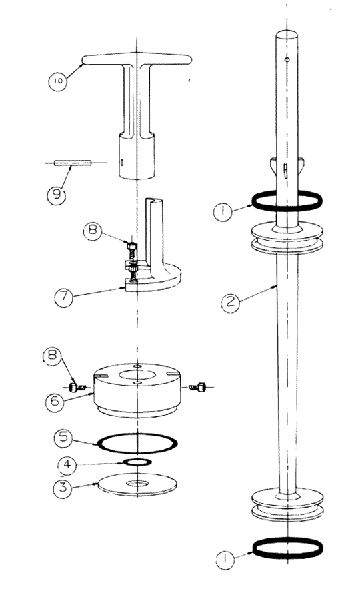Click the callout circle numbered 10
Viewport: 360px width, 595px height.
[x=57, y=81]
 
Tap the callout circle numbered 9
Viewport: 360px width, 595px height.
[x=56, y=195]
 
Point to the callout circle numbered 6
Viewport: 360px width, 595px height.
[x=55, y=401]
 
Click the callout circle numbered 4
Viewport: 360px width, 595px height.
[x=67, y=465]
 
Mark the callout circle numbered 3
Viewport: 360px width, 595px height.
[x=63, y=487]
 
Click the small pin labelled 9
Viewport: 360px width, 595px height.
[x=73, y=163]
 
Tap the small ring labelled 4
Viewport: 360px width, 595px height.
[x=137, y=462]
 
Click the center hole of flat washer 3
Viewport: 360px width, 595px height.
[x=138, y=484]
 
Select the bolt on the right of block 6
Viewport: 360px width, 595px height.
[x=197, y=387]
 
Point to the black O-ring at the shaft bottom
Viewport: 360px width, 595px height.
[x=287, y=548]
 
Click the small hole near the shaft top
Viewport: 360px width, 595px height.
[x=287, y=59]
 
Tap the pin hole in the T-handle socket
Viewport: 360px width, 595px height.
[x=122, y=162]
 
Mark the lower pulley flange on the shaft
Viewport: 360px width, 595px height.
[x=287, y=505]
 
